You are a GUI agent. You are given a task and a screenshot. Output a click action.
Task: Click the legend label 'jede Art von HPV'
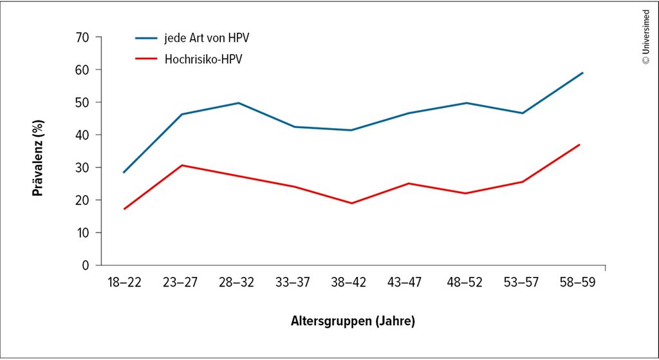click(x=206, y=38)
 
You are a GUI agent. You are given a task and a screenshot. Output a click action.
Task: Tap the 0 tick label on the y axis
click(x=85, y=265)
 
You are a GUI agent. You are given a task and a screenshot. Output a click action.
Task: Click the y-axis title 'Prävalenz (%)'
click(x=39, y=151)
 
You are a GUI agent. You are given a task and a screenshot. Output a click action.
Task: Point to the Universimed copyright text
click(x=645, y=36)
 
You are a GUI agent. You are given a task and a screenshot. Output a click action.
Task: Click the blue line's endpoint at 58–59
click(x=582, y=73)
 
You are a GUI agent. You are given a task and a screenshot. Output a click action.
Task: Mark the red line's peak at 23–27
click(x=181, y=166)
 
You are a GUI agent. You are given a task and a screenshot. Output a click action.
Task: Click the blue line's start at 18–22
click(x=123, y=173)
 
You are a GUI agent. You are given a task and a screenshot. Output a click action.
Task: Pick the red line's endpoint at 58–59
click(x=580, y=144)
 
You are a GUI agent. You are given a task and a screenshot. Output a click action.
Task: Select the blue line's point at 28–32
click(x=238, y=103)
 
